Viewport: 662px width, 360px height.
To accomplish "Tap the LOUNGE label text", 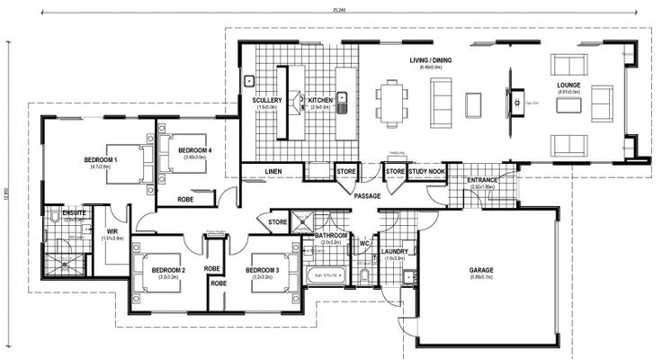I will coord(568,85).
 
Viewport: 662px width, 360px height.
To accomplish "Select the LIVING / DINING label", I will coord(431,61).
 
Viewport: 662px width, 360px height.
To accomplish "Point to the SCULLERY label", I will coord(268,100).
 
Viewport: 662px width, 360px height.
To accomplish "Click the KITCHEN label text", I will coord(321,100).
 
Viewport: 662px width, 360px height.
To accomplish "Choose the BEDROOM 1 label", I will coord(102,160).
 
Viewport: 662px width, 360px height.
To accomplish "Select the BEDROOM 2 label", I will coord(168,270).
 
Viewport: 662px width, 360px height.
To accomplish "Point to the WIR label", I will coord(113,230).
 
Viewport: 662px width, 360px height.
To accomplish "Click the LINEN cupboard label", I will coord(274,171).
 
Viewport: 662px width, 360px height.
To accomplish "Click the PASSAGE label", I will coord(367,195).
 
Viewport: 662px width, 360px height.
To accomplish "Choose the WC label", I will coord(365,242).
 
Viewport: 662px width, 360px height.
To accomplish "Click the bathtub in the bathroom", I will coord(325,274).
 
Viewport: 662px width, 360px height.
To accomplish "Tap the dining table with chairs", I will coord(390,101).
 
